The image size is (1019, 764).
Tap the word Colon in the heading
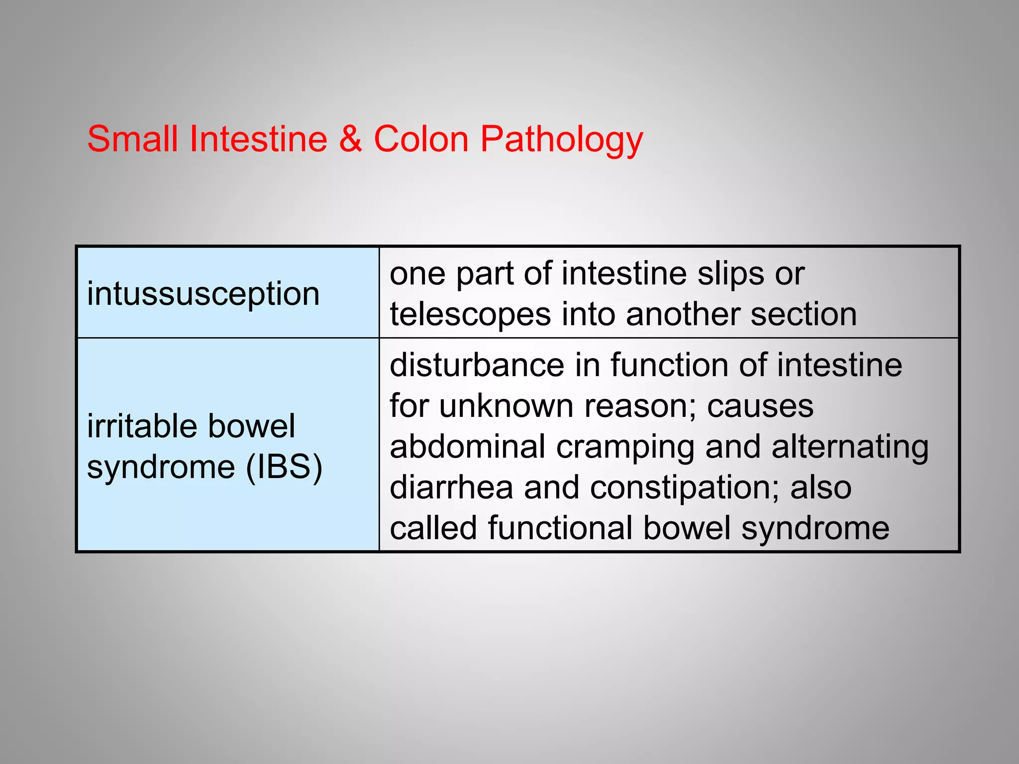[x=421, y=139]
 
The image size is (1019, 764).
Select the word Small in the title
[x=132, y=139]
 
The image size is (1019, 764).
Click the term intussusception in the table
[x=203, y=294]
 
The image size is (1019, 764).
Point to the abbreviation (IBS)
[x=284, y=468]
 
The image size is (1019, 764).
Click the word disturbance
[x=477, y=365]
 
